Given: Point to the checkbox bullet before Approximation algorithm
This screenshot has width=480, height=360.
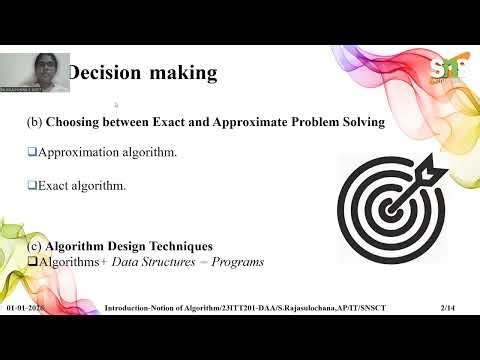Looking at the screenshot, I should click(x=31, y=152).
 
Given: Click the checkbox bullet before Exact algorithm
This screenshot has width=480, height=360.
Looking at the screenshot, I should click(x=31, y=183).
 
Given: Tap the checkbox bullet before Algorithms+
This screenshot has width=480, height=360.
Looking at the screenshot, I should click(x=31, y=261).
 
